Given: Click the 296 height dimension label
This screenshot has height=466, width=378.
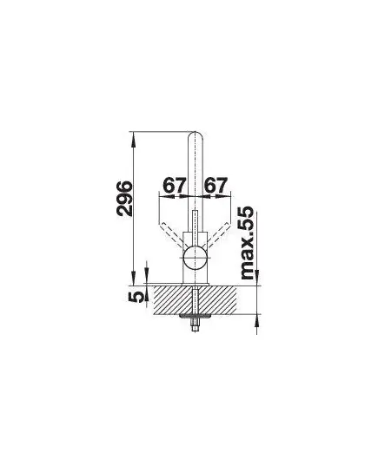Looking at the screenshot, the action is [123, 198].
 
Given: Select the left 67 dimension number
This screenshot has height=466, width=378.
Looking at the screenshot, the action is [174, 185].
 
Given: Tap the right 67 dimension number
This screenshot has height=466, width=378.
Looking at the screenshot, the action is [216, 185].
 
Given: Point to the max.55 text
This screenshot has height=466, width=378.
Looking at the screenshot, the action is [247, 242].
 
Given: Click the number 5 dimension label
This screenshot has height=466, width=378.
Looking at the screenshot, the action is [136, 297].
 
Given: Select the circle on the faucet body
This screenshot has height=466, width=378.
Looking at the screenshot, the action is [195, 258].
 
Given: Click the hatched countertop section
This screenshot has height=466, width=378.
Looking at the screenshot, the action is [195, 299].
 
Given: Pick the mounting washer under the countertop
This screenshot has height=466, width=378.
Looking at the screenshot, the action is [195, 315].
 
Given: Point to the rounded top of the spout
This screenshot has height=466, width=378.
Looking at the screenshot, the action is [195, 135].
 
